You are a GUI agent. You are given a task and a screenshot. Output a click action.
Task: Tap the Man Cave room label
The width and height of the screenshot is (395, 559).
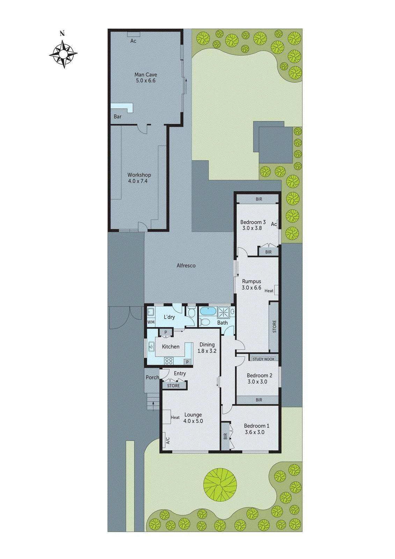point(146,78)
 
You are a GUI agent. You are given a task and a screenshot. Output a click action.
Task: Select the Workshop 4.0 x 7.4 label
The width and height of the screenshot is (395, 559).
point(139,178)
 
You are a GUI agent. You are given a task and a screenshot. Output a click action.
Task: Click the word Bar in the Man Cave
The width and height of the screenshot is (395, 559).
point(118,117)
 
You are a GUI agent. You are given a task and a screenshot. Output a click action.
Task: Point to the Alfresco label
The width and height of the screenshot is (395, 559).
point(186,266)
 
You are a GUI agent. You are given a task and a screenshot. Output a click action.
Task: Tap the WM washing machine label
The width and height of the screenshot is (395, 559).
point(151,322)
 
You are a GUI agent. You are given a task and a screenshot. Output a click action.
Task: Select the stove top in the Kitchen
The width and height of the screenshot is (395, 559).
point(169,361)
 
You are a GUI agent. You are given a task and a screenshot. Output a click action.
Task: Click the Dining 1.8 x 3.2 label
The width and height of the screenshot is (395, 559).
point(207,348)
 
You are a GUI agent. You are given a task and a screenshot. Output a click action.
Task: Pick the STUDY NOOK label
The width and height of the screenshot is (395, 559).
point(264,359)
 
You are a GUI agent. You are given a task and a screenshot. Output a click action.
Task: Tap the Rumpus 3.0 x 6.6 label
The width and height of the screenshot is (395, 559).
point(251,284)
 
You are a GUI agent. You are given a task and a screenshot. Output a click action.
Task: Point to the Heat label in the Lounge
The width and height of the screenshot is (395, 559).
point(175,418)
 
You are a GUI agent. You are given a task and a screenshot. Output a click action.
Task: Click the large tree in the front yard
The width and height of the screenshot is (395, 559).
point(220,485)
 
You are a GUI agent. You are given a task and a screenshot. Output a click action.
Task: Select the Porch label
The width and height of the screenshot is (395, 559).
point(152,377)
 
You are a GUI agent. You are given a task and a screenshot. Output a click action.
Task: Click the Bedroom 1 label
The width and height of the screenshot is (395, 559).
point(256,429)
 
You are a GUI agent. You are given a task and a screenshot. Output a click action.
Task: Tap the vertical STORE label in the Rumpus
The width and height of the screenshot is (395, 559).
point(274,326)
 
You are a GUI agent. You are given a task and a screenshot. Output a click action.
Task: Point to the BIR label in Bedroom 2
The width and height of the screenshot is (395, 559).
point(259,400)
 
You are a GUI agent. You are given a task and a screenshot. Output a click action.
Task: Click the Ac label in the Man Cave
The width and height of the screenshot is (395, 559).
point(133,41)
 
